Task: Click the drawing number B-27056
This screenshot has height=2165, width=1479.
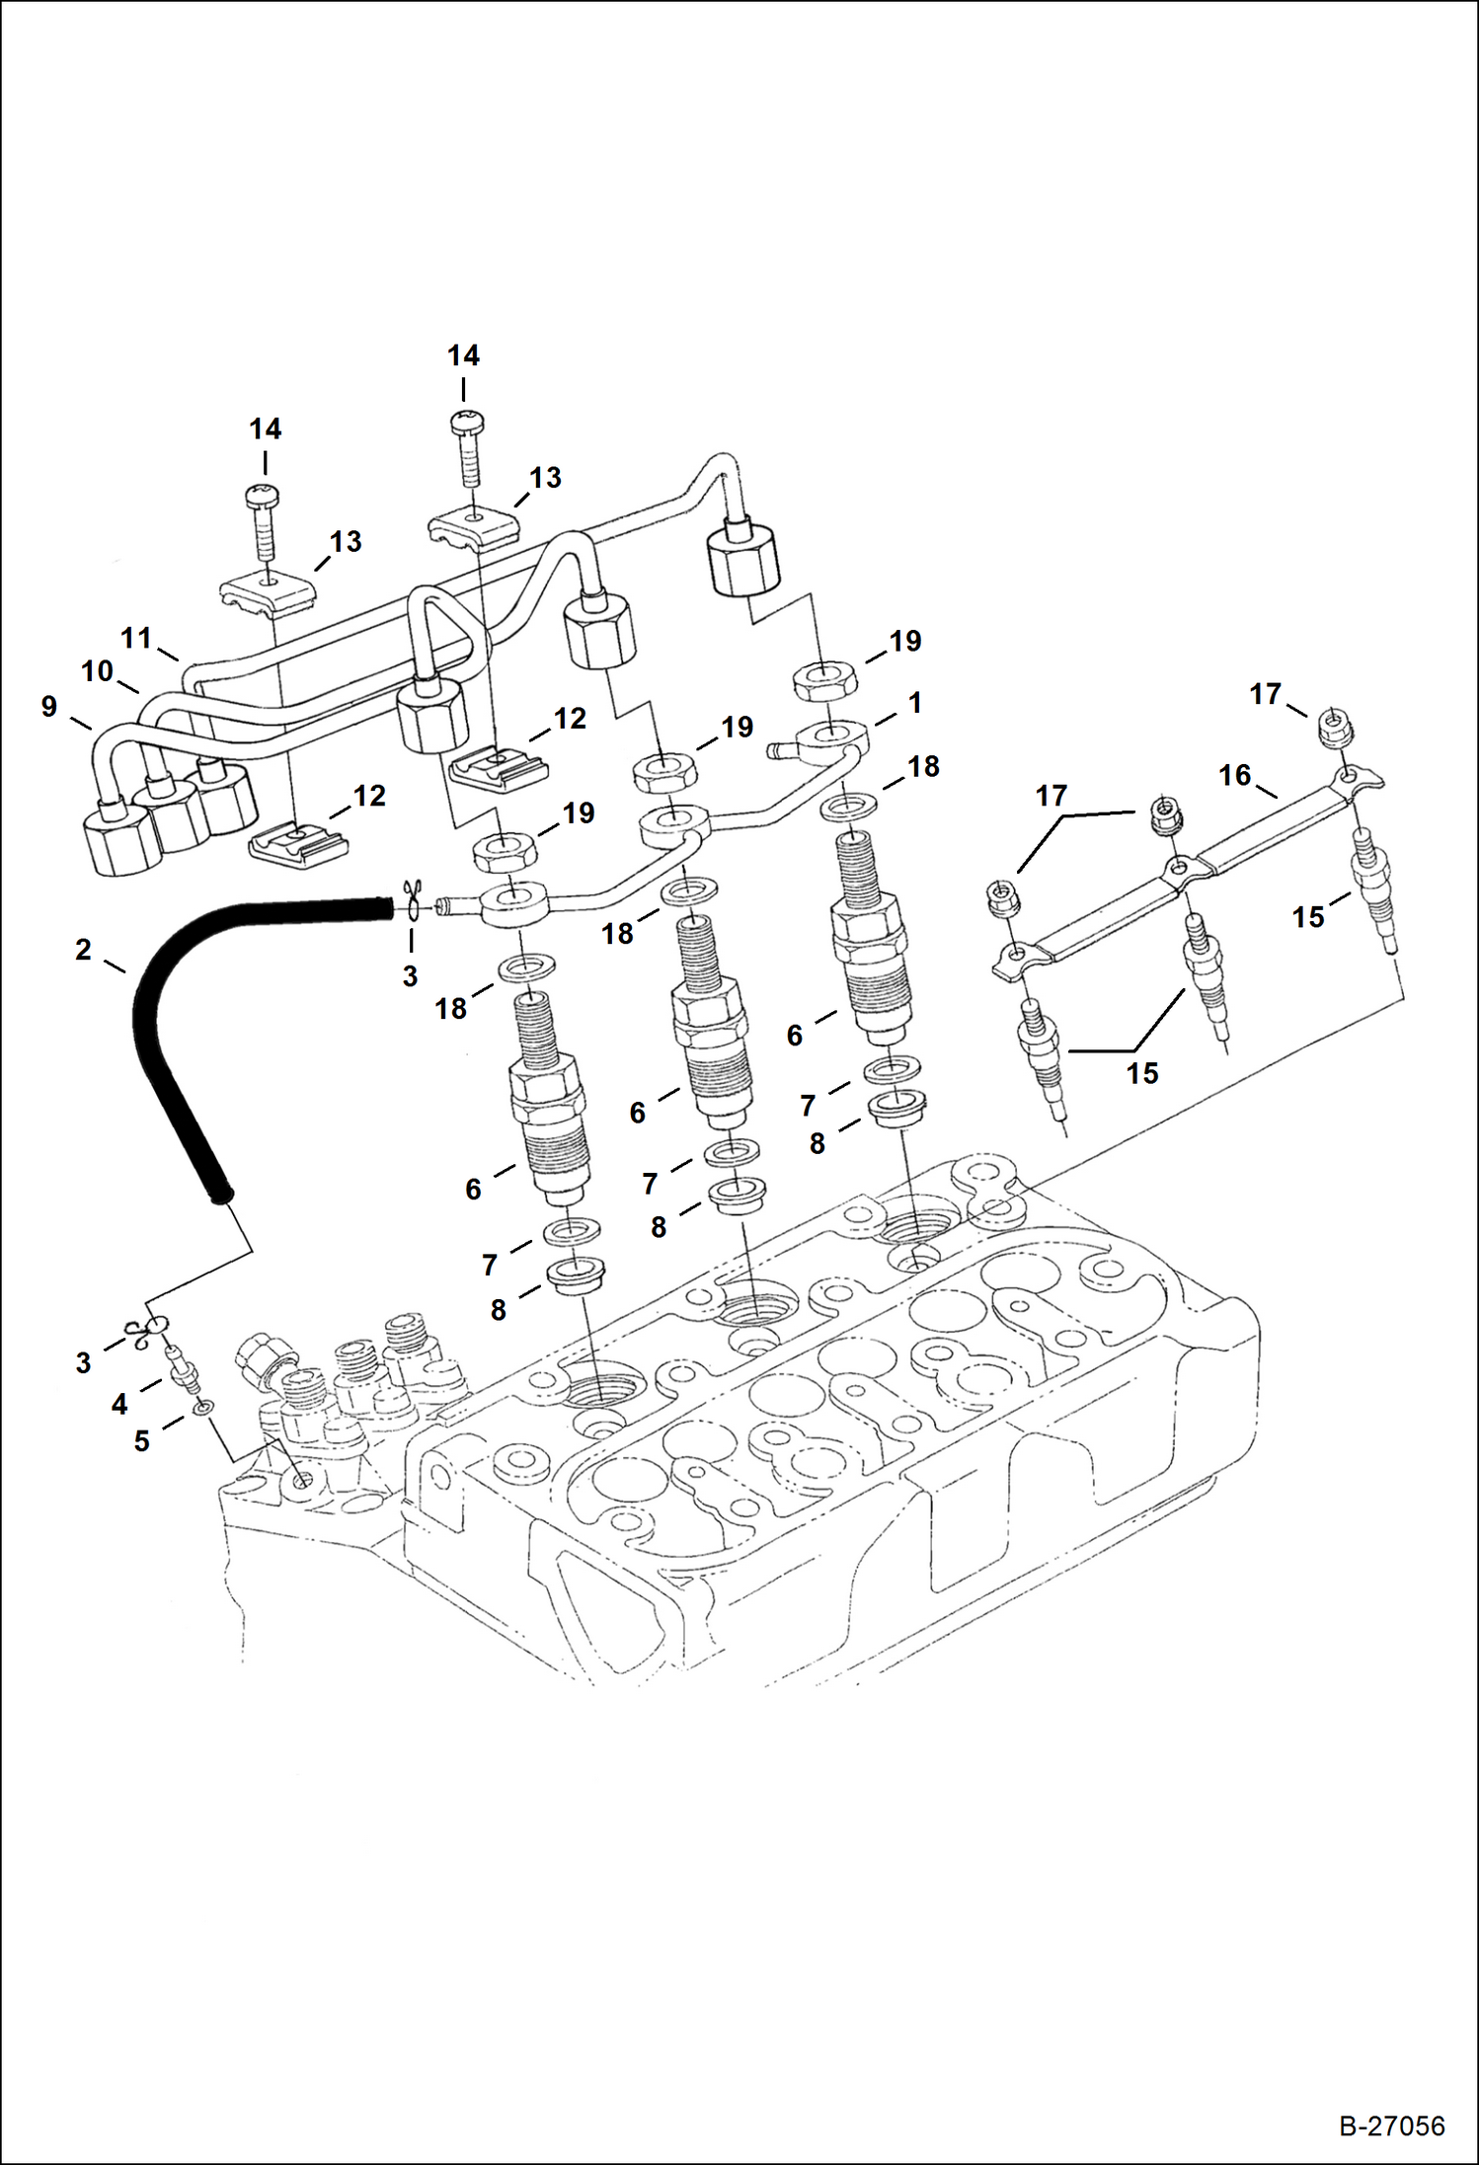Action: (1391, 2126)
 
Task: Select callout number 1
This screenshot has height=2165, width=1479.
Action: (915, 703)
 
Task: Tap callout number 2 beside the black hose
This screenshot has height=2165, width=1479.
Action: (83, 950)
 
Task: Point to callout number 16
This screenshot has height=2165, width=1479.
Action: (1234, 775)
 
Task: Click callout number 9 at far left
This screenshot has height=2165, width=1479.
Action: (49, 707)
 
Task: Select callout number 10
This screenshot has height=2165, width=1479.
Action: (97, 671)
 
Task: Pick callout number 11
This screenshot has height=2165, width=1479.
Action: (135, 638)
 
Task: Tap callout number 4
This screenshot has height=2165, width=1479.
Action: (119, 1404)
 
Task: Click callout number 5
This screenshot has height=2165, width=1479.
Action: (141, 1441)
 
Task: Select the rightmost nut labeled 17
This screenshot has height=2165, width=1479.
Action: (1334, 728)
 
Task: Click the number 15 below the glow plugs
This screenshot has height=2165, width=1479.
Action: (1142, 1073)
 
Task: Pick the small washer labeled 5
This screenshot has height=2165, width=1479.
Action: (202, 1406)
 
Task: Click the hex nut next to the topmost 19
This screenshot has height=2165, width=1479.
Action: (826, 682)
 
